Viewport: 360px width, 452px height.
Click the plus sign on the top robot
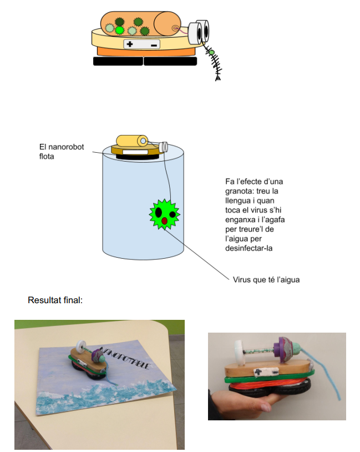point(130,44)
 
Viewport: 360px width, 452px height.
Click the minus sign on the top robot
point(154,44)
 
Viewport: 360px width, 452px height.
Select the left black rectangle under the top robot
point(118,61)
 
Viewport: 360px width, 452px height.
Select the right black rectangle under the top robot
point(170,61)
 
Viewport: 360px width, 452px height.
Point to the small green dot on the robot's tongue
point(211,53)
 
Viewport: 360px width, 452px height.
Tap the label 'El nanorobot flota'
point(54,152)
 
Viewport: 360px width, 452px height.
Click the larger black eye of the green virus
point(159,212)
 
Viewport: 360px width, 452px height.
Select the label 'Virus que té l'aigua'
point(266,279)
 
